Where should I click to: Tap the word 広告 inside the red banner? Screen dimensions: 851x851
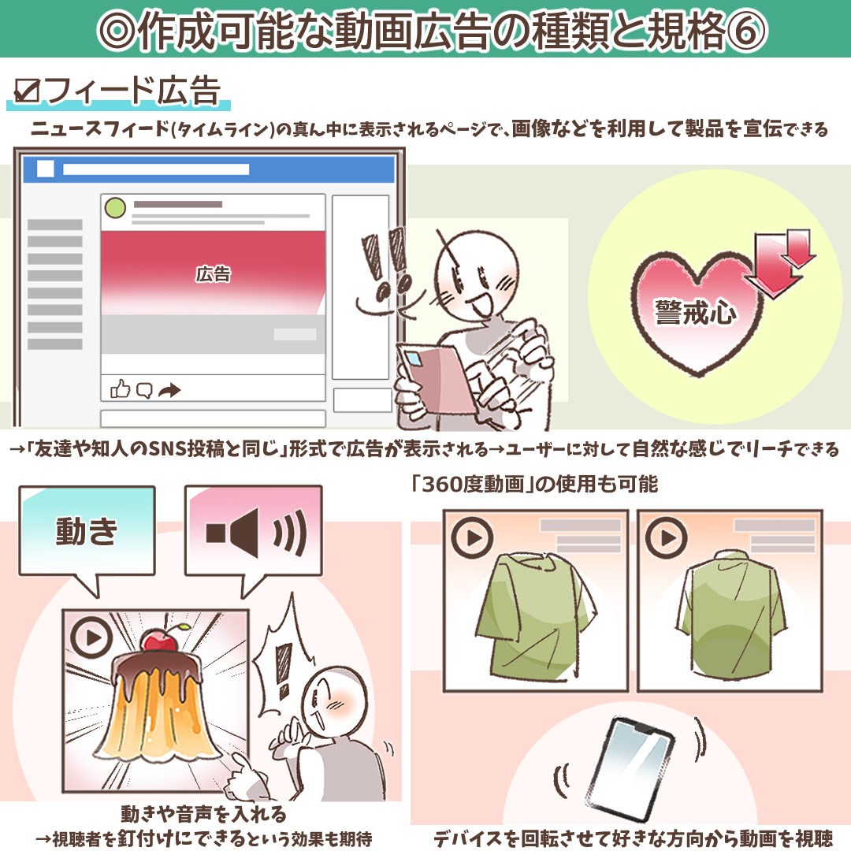point(213,274)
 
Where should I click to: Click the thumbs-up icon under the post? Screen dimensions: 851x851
point(120,388)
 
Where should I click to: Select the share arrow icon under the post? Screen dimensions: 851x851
point(169,389)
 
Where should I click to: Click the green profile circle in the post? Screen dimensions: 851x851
point(115,209)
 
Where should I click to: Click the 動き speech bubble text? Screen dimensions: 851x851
point(87,532)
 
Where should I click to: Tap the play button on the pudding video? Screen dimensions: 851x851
point(91,637)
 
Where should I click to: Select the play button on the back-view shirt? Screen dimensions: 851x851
point(667,537)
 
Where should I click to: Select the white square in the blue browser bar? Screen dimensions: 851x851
point(45,169)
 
